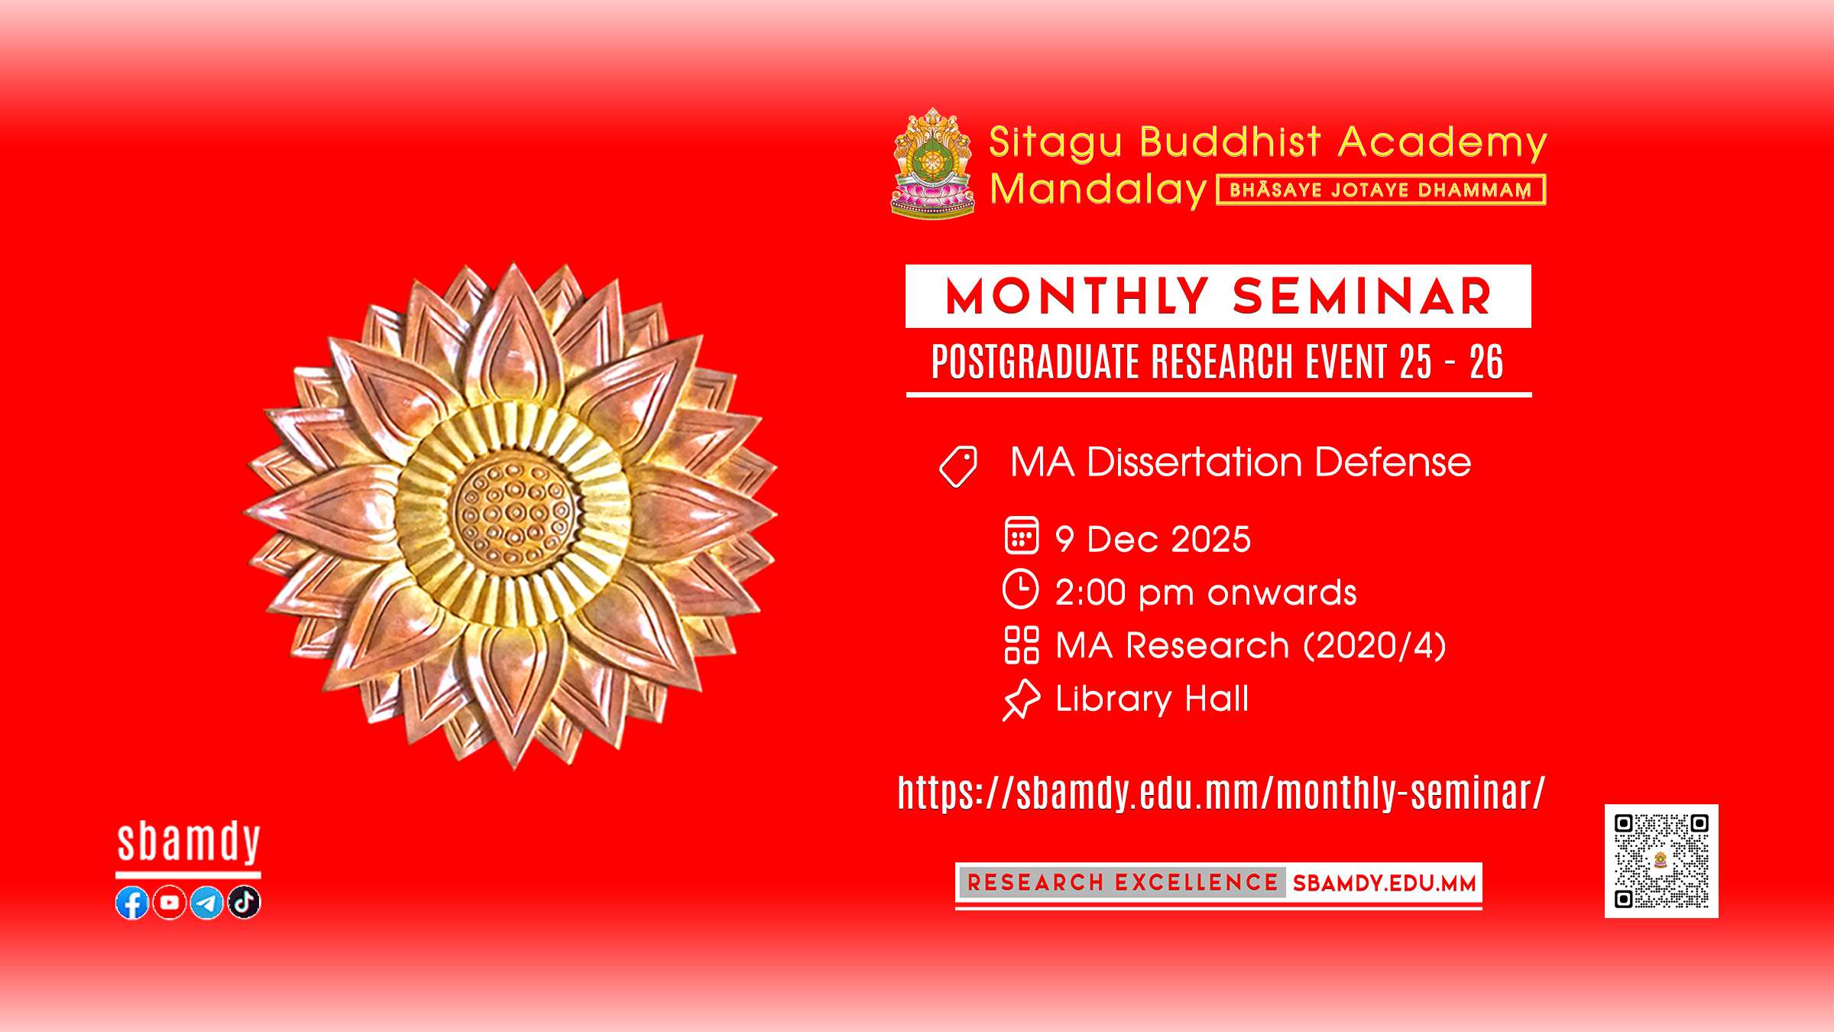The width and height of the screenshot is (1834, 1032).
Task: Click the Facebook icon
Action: point(132,903)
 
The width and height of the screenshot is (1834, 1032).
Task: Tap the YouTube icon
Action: point(170,903)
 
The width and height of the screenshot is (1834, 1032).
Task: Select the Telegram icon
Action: point(206,903)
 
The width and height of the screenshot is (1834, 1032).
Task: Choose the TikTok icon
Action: point(244,903)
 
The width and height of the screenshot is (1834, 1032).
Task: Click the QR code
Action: point(1661,861)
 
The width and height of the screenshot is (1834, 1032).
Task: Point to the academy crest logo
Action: point(933,164)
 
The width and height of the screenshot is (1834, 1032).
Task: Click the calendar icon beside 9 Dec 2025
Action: point(1022,535)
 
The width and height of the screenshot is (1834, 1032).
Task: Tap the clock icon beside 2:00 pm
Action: point(1021,589)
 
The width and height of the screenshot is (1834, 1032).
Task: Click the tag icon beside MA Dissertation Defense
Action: point(958,466)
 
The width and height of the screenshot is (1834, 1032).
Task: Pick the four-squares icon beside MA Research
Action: point(1022,644)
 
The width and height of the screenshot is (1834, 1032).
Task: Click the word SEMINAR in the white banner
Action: point(1362,297)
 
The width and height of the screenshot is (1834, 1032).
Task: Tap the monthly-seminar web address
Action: point(1221,792)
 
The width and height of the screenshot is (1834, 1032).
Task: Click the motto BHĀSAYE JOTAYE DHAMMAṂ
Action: point(1380,190)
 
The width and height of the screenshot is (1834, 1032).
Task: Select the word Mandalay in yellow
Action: point(1098,190)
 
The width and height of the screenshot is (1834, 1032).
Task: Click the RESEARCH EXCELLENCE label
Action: point(1123,883)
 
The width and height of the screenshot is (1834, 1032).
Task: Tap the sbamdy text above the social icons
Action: point(189,842)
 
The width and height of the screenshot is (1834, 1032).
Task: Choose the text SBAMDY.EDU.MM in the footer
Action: point(1384,884)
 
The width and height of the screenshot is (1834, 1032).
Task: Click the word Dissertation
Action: point(1194,462)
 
